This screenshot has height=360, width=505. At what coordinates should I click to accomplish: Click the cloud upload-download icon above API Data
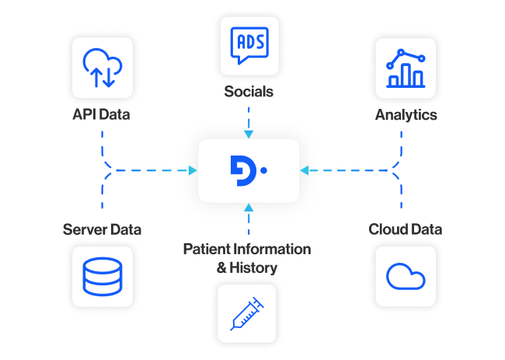[102, 67]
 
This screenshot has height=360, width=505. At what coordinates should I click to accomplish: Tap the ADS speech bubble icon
[249, 45]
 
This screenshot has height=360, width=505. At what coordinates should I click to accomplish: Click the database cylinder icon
[102, 274]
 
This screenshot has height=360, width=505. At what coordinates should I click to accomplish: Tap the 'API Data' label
[101, 116]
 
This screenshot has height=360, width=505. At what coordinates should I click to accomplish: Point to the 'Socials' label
[248, 93]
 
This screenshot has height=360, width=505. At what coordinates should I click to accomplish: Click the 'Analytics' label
[406, 115]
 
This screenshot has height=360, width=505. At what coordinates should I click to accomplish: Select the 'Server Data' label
[102, 229]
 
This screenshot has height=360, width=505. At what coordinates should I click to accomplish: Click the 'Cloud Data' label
[405, 229]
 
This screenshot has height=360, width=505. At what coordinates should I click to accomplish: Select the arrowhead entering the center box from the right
[305, 170]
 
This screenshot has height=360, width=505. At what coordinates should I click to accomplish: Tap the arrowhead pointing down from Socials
[248, 135]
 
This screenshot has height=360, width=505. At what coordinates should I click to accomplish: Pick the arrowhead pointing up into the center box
[248, 207]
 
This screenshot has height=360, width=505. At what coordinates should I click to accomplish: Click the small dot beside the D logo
[264, 170]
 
